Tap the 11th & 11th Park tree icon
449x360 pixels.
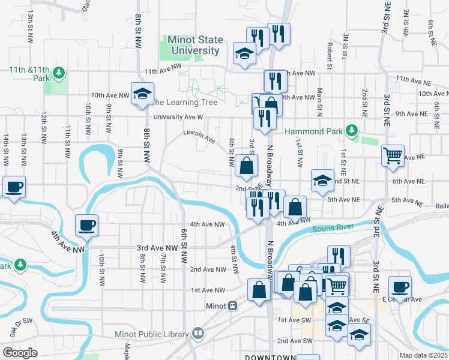(59, 74)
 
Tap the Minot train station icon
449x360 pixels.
(232, 305)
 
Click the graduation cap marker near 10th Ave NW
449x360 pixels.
(142, 94)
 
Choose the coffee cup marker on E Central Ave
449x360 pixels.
(400, 286)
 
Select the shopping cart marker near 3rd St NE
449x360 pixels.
(393, 155)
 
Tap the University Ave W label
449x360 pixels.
(178, 118)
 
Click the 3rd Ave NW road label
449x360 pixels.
(157, 247)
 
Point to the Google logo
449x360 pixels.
(20, 353)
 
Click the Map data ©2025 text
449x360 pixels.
(423, 355)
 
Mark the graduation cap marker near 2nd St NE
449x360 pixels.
(322, 181)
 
